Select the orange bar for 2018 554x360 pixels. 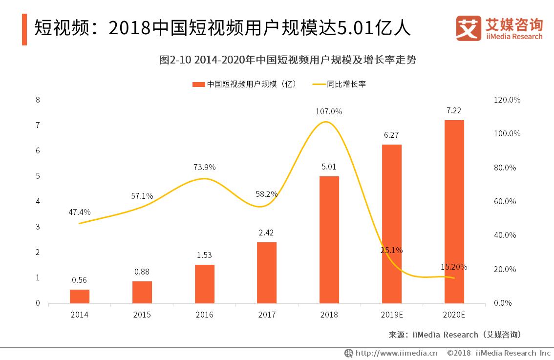(x=329, y=239)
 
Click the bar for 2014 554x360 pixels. (x=80, y=296)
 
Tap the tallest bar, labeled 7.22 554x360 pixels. (x=454, y=211)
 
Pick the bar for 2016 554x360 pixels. (x=204, y=283)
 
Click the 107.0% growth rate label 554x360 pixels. (x=329, y=111)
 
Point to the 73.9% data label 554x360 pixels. (x=204, y=167)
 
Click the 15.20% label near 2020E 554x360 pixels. (x=454, y=267)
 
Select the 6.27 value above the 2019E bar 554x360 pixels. (x=391, y=135)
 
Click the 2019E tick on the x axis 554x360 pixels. (x=391, y=315)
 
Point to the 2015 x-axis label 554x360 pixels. (x=142, y=315)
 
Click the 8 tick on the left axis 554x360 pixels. (x=38, y=100)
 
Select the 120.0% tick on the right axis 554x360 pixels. (x=507, y=100)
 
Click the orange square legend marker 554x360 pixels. (x=198, y=84)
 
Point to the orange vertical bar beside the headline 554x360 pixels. (x=24, y=29)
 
